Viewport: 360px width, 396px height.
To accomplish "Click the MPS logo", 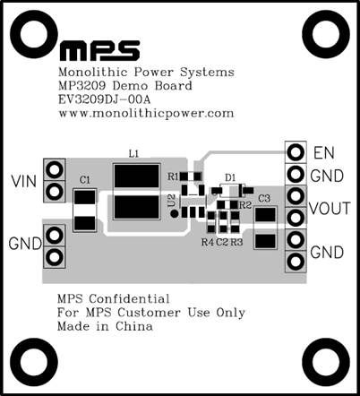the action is (x=99, y=51).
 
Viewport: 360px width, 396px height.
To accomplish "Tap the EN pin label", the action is (x=324, y=153).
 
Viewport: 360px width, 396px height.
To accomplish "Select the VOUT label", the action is (x=330, y=209).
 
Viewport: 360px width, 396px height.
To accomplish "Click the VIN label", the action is (x=24, y=181).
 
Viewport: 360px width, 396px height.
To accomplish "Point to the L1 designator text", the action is (x=133, y=154).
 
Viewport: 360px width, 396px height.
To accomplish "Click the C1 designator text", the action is (x=85, y=180).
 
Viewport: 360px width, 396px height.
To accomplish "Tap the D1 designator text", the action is (x=230, y=177).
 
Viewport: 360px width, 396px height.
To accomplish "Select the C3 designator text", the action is (x=264, y=198).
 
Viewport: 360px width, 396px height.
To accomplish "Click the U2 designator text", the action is (x=171, y=200).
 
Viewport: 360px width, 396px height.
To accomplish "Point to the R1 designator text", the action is (x=173, y=176).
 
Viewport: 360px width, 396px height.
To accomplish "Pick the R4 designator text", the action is (x=208, y=242).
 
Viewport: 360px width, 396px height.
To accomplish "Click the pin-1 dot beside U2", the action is (x=174, y=213).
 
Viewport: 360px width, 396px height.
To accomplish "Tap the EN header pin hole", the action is (x=296, y=152).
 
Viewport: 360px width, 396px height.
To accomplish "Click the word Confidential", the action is (x=129, y=298).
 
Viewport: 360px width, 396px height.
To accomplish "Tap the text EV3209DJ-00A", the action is (x=105, y=99).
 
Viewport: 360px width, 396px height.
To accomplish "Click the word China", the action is (x=134, y=326).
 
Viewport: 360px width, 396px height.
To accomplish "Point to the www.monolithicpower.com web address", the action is (x=146, y=114).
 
